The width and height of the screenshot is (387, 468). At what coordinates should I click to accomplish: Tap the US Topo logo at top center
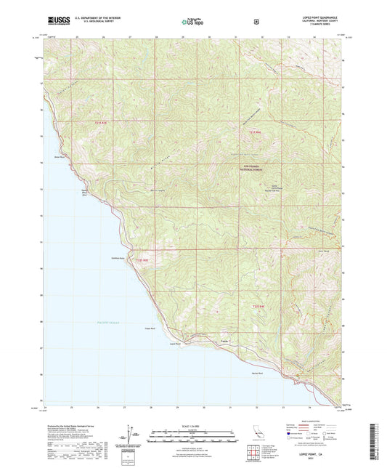[193, 23]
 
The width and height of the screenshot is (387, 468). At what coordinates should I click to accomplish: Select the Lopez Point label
[174, 344]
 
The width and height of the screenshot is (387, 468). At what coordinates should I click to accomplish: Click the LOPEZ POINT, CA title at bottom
[313, 453]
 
